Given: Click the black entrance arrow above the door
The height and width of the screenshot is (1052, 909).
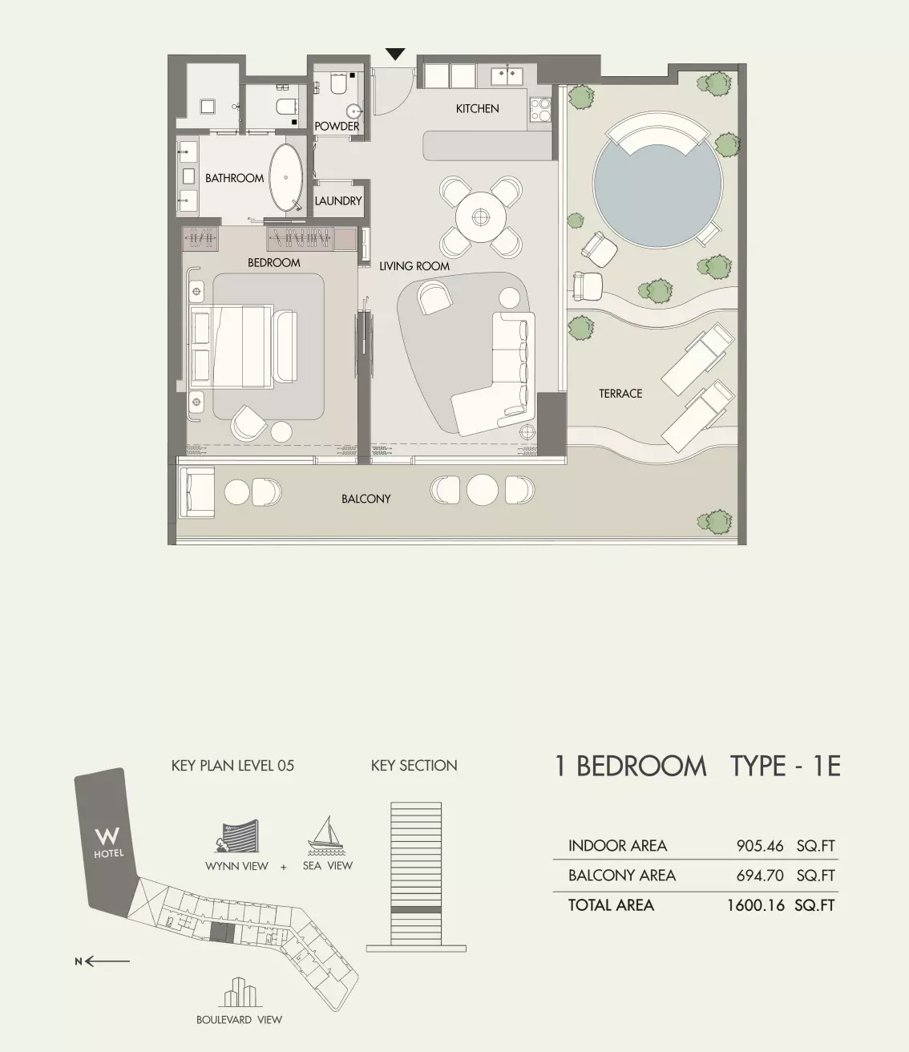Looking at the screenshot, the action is pos(394,54).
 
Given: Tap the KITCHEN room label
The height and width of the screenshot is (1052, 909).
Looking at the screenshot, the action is pos(477,108).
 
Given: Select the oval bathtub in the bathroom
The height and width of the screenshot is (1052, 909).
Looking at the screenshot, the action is pos(286,178).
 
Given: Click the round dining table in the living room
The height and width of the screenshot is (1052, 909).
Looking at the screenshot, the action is pos(480,217).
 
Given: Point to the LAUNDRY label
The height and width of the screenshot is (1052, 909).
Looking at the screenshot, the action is pos(337,201).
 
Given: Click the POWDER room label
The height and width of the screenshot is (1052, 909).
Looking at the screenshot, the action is pos(337,126).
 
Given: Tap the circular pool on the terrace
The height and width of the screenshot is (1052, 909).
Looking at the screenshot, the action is pos(657,184).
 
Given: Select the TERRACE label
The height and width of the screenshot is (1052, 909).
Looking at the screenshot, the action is pos(620,394).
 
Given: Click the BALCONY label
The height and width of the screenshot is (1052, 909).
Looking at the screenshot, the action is pos(366,499).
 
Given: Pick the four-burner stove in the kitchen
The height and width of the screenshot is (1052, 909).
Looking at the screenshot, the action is pos(541,109).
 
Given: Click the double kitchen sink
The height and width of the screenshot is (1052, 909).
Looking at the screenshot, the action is pos(507,76).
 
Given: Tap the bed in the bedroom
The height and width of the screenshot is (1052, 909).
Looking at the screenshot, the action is pos(244,346).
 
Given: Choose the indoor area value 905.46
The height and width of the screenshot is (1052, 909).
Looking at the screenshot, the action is pos(759,845).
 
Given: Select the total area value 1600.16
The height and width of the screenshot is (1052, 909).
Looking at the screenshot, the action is pos(755,905).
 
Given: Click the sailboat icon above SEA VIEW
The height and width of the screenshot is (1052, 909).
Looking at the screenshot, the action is pos(326,836).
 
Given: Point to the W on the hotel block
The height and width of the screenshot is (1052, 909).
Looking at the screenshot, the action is pos(107,836).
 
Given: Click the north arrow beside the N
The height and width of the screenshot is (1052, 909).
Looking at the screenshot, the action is pos(107,961).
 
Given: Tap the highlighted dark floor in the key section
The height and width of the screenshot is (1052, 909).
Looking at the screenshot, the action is pos(415,909).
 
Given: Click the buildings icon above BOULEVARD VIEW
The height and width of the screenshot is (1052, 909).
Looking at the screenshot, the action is pos(240,992).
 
